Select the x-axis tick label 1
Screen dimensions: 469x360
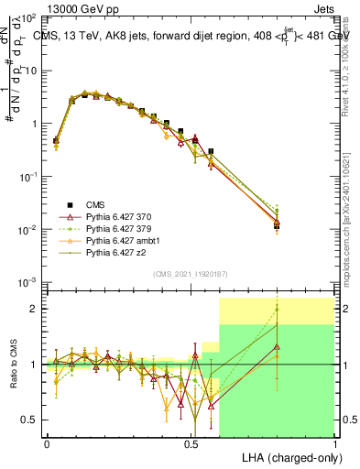[334, 443]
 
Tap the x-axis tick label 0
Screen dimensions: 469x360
[47, 443]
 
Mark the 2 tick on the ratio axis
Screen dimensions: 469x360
[35, 309]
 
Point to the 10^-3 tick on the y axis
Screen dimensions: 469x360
[27, 281]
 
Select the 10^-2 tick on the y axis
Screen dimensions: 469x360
[27, 228]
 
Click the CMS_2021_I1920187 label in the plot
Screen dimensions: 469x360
[190, 273]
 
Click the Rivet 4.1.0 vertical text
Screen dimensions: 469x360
[348, 69]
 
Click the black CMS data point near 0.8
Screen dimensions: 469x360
[277, 224]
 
